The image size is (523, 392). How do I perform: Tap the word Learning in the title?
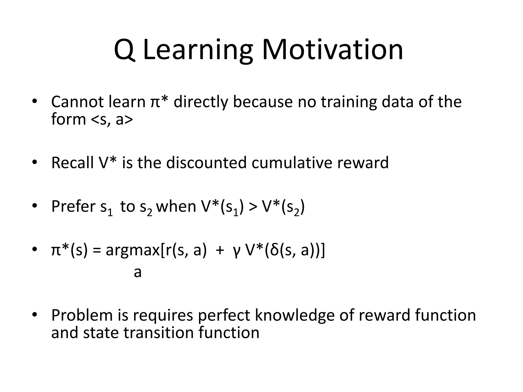(x=198, y=50)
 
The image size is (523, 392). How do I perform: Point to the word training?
(x=349, y=102)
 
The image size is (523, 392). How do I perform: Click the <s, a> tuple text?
(x=112, y=120)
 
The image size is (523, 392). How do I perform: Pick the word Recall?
(x=73, y=163)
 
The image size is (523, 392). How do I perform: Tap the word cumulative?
(x=292, y=163)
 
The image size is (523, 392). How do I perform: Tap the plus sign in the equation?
(x=220, y=251)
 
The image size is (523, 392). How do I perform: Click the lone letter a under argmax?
(x=138, y=273)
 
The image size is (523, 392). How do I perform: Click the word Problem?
(x=82, y=315)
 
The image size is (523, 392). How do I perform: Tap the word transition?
(x=159, y=333)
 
